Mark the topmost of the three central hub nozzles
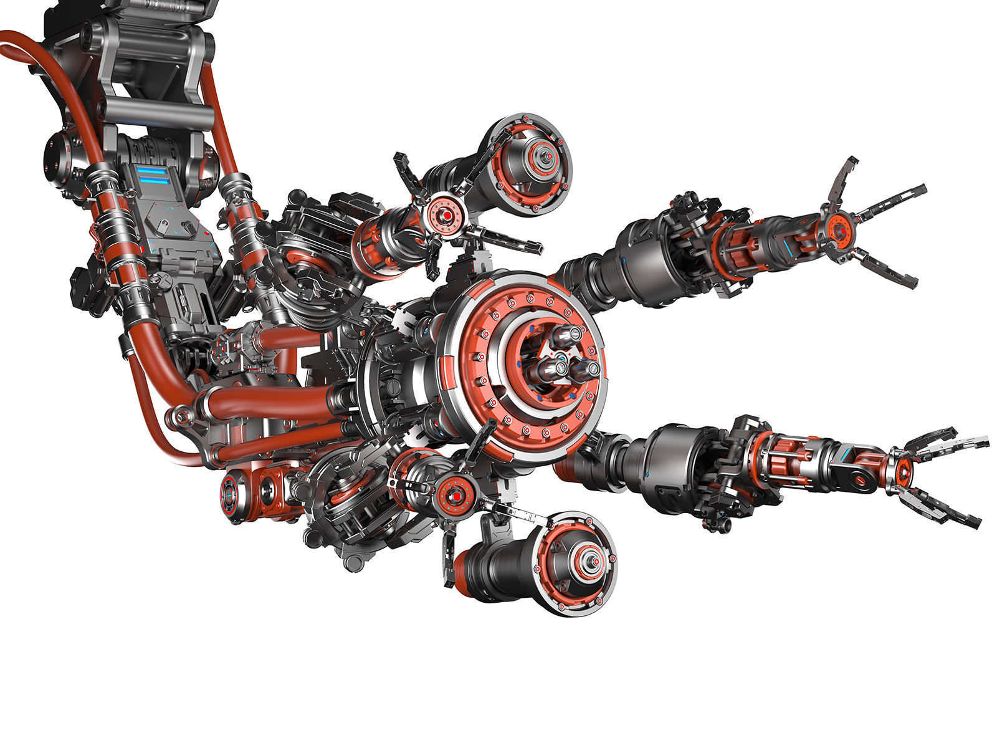coord(565,337)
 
